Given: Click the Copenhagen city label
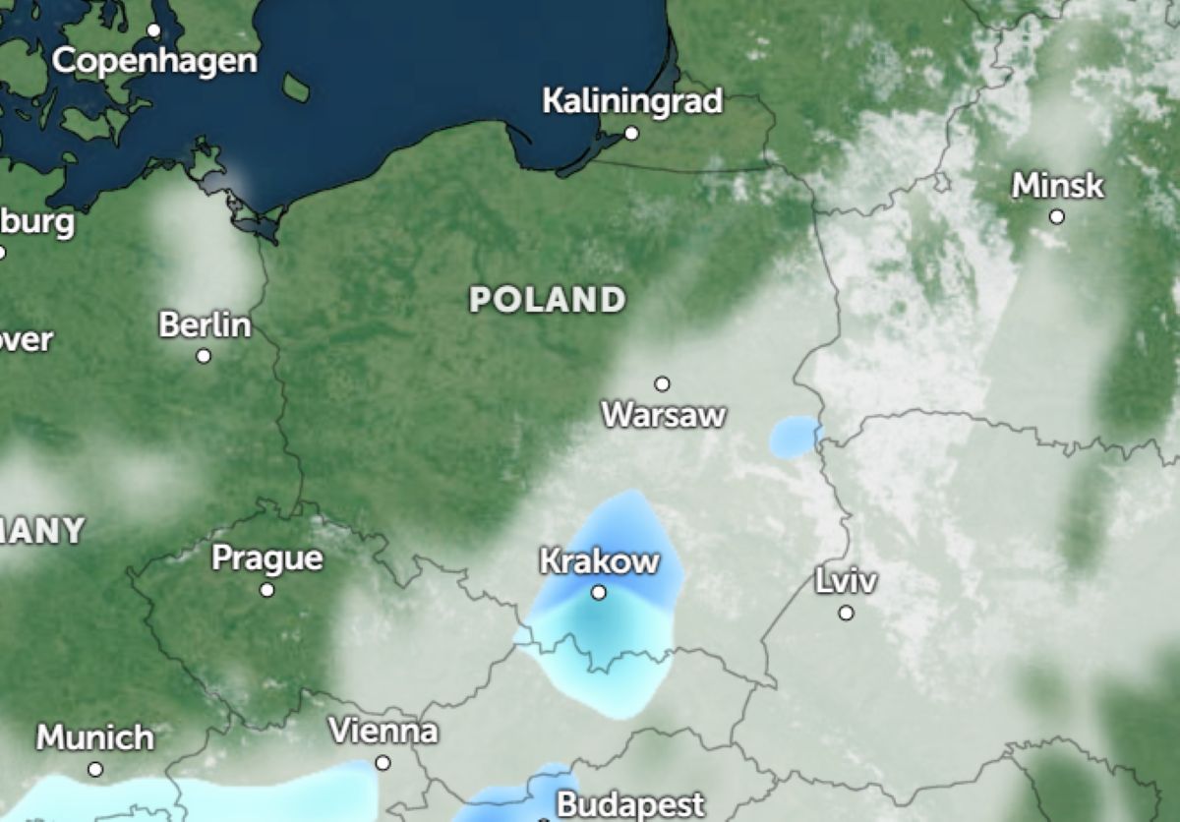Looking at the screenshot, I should pyautogui.click(x=154, y=61).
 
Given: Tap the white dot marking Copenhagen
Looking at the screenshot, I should pyautogui.click(x=153, y=30).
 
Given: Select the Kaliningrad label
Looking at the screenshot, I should pyautogui.click(x=632, y=100).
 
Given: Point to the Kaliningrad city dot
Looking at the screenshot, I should pyautogui.click(x=631, y=133).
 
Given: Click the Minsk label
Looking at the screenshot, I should pyautogui.click(x=1058, y=185).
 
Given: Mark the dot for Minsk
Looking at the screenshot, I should pyautogui.click(x=1057, y=216).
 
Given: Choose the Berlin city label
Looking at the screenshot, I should pyautogui.click(x=205, y=324).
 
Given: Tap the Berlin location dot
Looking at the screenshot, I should pyautogui.click(x=204, y=356).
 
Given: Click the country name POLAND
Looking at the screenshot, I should pyautogui.click(x=547, y=299).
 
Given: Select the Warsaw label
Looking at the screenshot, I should pyautogui.click(x=664, y=414).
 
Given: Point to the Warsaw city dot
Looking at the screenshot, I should pyautogui.click(x=663, y=383).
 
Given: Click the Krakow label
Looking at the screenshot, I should pyautogui.click(x=599, y=561).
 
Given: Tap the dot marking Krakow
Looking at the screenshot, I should pyautogui.click(x=599, y=592).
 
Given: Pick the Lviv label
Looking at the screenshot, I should pyautogui.click(x=846, y=581).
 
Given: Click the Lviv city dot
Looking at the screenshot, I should pyautogui.click(x=846, y=613).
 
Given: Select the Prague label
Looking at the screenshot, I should pyautogui.click(x=267, y=558).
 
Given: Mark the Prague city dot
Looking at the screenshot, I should pyautogui.click(x=266, y=590).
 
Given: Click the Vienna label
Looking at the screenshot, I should pyautogui.click(x=383, y=732).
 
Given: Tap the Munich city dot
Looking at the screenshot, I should pyautogui.click(x=95, y=769).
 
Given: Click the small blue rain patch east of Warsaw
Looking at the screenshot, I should pyautogui.click(x=794, y=437).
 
